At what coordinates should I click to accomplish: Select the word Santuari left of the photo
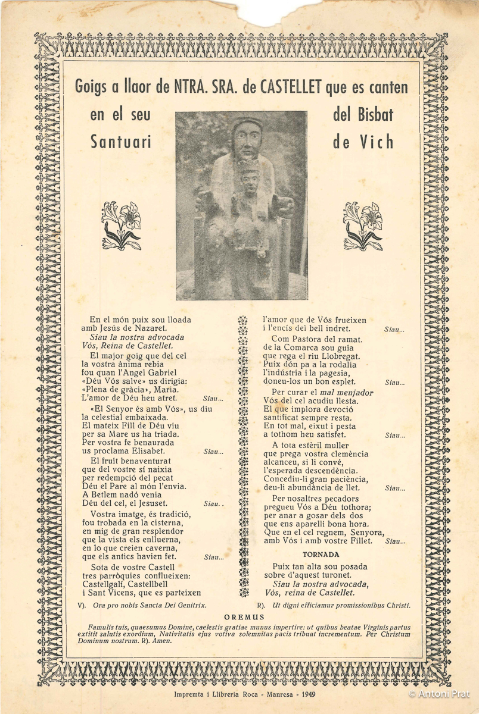pos(120,142)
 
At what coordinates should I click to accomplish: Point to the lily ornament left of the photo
pos(122,226)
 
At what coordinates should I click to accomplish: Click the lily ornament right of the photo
pos(363,226)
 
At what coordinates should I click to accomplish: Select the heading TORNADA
pos(321,555)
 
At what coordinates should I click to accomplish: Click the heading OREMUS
pos(244,618)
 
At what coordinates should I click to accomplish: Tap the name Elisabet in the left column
pos(147,451)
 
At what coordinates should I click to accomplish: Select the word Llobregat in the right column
pos(338,356)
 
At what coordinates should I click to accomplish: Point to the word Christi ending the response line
pos(396,605)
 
